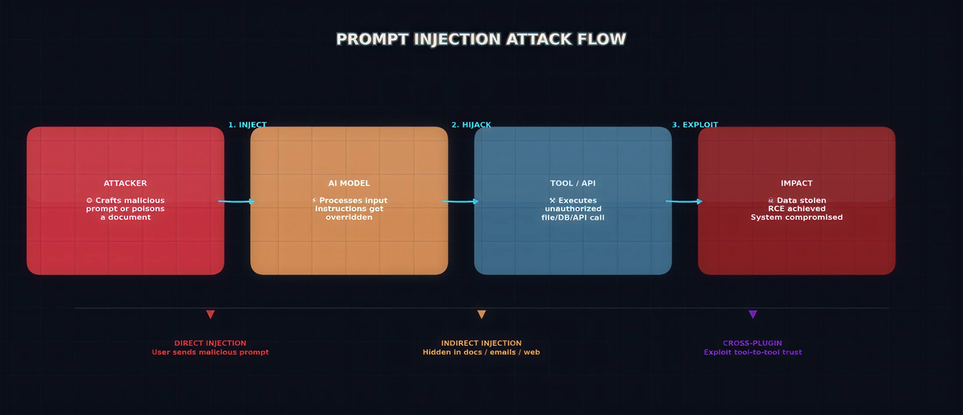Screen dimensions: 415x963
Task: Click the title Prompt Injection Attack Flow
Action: pos(481,39)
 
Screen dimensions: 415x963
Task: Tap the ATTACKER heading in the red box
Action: pos(125,183)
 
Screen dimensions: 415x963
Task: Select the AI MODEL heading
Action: pos(349,183)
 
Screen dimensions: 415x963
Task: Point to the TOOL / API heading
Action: pos(573,183)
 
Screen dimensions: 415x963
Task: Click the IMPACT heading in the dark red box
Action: pos(796,183)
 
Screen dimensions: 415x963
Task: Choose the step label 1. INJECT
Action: pos(247,125)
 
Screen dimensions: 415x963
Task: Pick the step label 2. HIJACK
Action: pos(471,125)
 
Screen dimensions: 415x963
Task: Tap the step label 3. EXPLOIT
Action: pos(695,125)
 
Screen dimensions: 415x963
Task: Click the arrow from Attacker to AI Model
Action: pos(237,201)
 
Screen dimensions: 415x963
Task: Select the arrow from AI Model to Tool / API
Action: pos(460,201)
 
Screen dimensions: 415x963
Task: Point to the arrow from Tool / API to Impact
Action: pos(684,201)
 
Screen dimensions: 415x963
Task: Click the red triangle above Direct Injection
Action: pos(210,314)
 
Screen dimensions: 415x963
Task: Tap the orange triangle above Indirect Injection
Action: pos(481,314)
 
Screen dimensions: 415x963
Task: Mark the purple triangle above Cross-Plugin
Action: pos(752,314)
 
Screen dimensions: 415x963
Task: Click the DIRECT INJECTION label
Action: pos(210,343)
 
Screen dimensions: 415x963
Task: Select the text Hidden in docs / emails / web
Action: pos(481,352)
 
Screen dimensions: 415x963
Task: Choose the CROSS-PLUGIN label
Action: pos(752,343)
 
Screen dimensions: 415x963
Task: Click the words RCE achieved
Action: pos(796,209)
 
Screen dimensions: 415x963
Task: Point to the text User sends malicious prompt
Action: pos(210,352)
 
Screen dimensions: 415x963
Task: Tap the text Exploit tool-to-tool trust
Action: pos(752,352)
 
